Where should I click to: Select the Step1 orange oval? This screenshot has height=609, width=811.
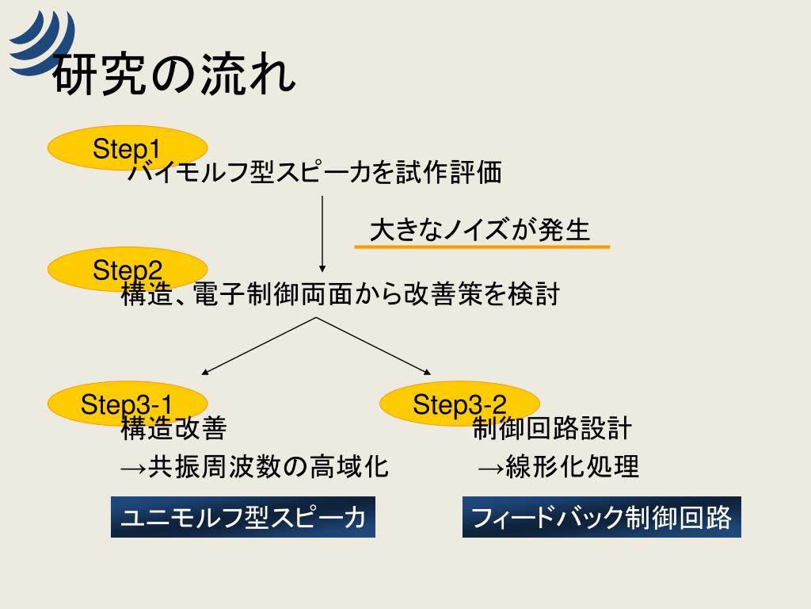pos(128,148)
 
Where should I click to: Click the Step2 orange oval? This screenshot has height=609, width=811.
pos(128,270)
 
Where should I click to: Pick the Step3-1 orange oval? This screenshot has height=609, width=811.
pos(128,404)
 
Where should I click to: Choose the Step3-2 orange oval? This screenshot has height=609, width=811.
pos(459,404)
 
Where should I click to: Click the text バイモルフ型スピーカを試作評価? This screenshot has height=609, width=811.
pos(315,172)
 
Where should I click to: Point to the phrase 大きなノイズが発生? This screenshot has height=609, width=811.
pos(480,230)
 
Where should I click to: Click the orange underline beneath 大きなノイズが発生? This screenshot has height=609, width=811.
pos(482,247)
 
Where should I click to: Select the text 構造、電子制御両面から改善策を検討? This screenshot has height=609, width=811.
pos(341,294)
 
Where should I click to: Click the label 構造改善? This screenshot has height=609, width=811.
pos(173,428)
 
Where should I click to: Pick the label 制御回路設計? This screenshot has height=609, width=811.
pos(552,428)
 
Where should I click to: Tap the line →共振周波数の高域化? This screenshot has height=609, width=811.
pos(254,466)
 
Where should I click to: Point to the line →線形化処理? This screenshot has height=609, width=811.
pos(558,466)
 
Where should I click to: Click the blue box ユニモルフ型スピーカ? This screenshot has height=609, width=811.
pos(243,518)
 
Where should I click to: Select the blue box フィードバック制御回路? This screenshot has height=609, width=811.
pos(602,518)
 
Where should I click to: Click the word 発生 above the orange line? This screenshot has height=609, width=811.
pos(565,230)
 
